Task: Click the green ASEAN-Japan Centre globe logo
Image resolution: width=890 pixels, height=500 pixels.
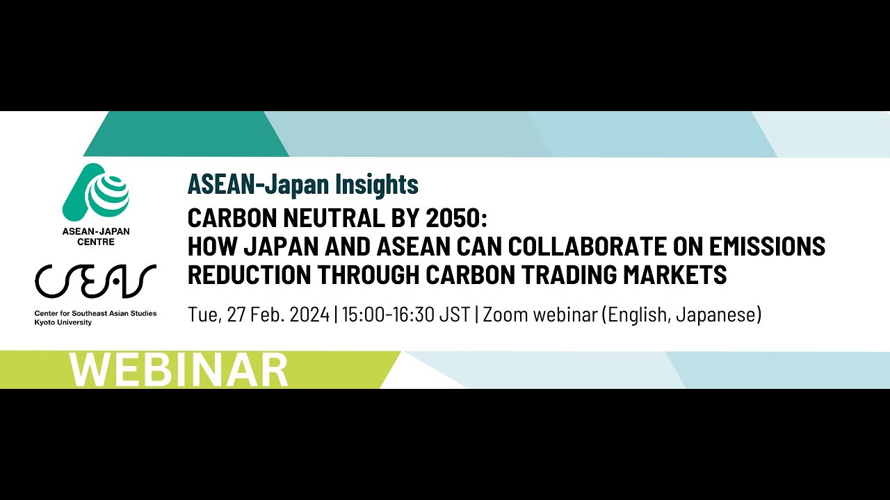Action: point(96,192)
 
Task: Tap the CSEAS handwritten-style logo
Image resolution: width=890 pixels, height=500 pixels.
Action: point(95,281)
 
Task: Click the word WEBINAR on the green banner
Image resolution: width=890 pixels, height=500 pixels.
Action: point(179,370)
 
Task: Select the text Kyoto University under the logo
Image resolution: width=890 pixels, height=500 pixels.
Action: point(63,323)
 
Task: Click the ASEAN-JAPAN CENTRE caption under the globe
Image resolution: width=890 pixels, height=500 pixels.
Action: point(96,236)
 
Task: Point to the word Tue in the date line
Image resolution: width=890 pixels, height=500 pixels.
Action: point(202,315)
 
